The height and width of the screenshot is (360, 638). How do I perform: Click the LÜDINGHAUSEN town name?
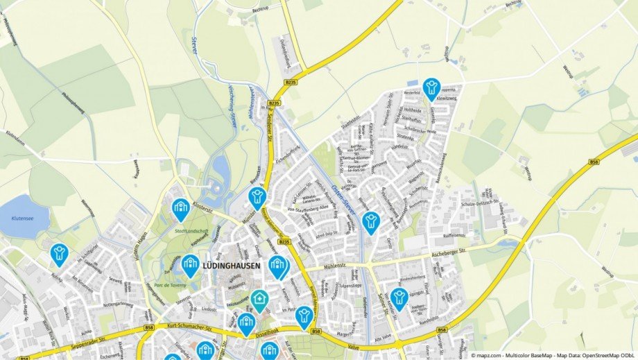click(x=232, y=264)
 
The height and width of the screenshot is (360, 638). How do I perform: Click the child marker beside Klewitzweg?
click(x=431, y=89)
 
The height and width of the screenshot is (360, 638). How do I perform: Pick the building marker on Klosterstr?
click(x=180, y=208)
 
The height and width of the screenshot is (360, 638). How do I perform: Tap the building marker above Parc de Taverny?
click(x=190, y=264)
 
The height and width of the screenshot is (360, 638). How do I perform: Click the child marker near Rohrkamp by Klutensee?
click(x=59, y=254)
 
